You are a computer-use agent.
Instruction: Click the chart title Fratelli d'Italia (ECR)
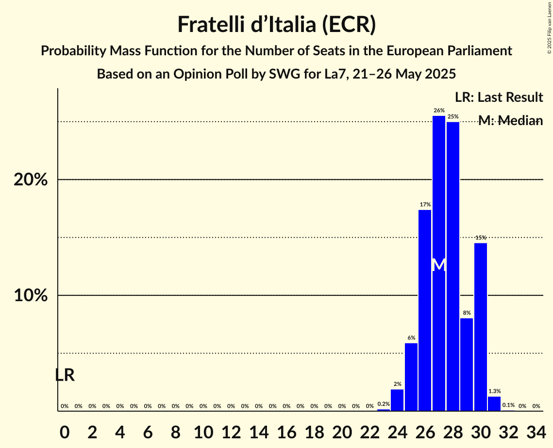pos(276,24)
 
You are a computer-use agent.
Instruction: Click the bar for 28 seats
pos(452,266)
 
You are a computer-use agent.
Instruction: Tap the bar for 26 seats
pos(425,310)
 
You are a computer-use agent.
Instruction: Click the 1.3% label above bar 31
pos(494,391)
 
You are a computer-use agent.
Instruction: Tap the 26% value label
pos(439,111)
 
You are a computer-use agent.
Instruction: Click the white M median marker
pos(439,265)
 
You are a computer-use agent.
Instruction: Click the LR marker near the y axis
pos(65,375)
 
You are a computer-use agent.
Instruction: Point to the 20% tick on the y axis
pos(31,180)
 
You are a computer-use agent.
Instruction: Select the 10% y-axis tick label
pos(31,296)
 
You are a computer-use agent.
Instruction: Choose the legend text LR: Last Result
pos(499,97)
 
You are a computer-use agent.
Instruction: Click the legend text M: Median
pos(510,121)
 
